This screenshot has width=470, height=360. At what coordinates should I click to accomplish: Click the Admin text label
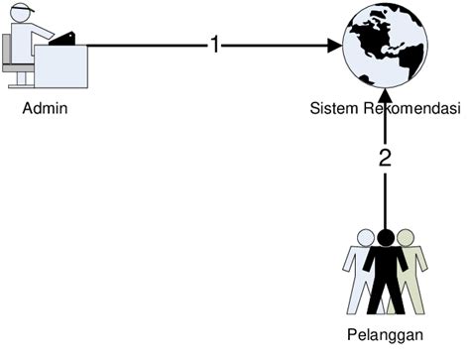click(x=45, y=107)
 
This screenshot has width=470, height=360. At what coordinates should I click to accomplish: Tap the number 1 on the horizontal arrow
click(x=214, y=46)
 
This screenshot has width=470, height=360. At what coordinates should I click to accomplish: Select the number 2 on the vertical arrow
click(x=386, y=157)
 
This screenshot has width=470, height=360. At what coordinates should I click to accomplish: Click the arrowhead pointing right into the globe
click(x=334, y=46)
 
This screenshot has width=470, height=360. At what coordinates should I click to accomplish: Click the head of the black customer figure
click(x=386, y=237)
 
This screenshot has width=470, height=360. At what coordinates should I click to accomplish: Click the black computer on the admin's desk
click(x=64, y=40)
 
